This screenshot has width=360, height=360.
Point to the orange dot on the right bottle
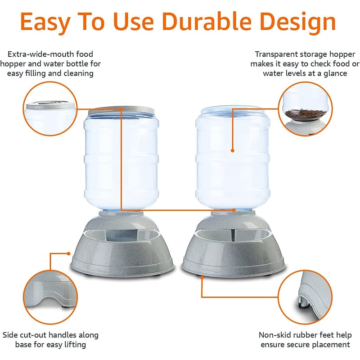[232, 151]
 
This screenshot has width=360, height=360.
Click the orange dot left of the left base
[68, 254]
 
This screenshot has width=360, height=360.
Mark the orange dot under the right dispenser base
[202, 278]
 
